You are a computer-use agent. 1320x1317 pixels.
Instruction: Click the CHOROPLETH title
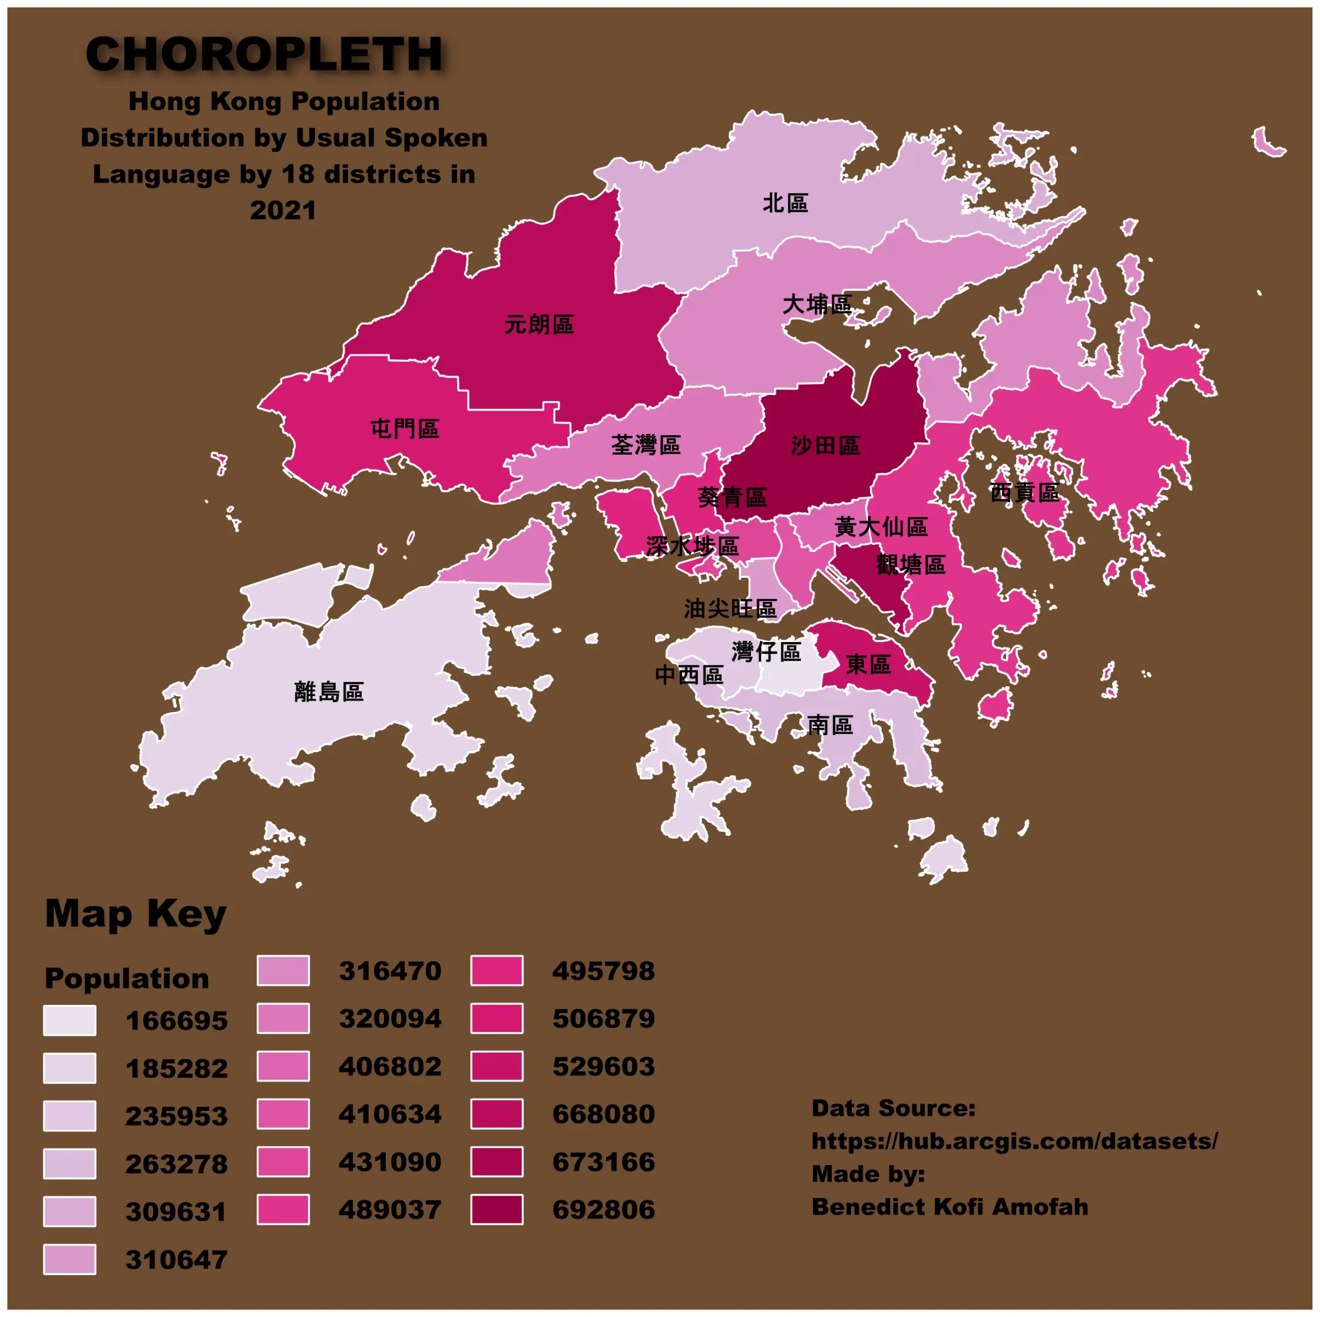coord(264,54)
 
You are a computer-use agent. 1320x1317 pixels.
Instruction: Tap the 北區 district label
coord(785,203)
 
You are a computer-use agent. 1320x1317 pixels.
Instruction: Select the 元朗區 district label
coord(539,325)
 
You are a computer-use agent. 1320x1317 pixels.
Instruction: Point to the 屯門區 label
coord(405,429)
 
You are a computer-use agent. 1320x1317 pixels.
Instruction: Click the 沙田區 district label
coord(825,446)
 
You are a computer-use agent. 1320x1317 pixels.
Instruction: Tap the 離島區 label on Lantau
coord(329,692)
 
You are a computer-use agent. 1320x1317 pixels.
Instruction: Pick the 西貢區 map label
coord(1024,492)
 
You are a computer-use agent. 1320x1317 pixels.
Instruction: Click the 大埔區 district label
coord(816,305)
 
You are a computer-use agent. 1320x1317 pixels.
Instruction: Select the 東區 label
coord(868,664)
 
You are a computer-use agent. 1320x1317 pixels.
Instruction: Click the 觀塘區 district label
coord(911,565)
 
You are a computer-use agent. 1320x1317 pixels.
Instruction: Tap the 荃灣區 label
coord(646,445)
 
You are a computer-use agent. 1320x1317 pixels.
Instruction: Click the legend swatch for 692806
coord(497,1210)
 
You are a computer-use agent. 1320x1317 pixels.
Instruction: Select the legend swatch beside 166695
coord(70,1021)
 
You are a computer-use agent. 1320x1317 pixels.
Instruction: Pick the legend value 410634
coord(390,1114)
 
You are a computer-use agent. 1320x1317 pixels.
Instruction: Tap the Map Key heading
coord(135,914)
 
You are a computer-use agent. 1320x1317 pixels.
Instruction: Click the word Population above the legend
coord(127,978)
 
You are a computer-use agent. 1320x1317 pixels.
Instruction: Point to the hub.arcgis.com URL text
coord(1014,1141)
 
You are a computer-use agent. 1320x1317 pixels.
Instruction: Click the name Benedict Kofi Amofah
coord(950,1207)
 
